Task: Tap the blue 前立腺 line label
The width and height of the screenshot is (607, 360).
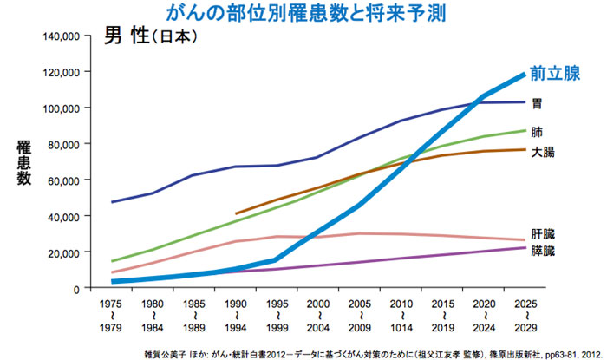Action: [556, 73]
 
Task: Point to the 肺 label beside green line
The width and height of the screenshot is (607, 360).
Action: [537, 133]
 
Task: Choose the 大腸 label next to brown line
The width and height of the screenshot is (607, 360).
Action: [543, 152]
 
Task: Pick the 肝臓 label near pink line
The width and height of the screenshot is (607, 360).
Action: [543, 233]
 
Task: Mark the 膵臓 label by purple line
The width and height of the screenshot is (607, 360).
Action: [543, 252]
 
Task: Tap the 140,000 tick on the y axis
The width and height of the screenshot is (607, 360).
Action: [60, 36]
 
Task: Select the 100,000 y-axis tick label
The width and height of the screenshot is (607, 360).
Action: [60, 108]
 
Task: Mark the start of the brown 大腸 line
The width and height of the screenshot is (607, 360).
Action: [237, 213]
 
